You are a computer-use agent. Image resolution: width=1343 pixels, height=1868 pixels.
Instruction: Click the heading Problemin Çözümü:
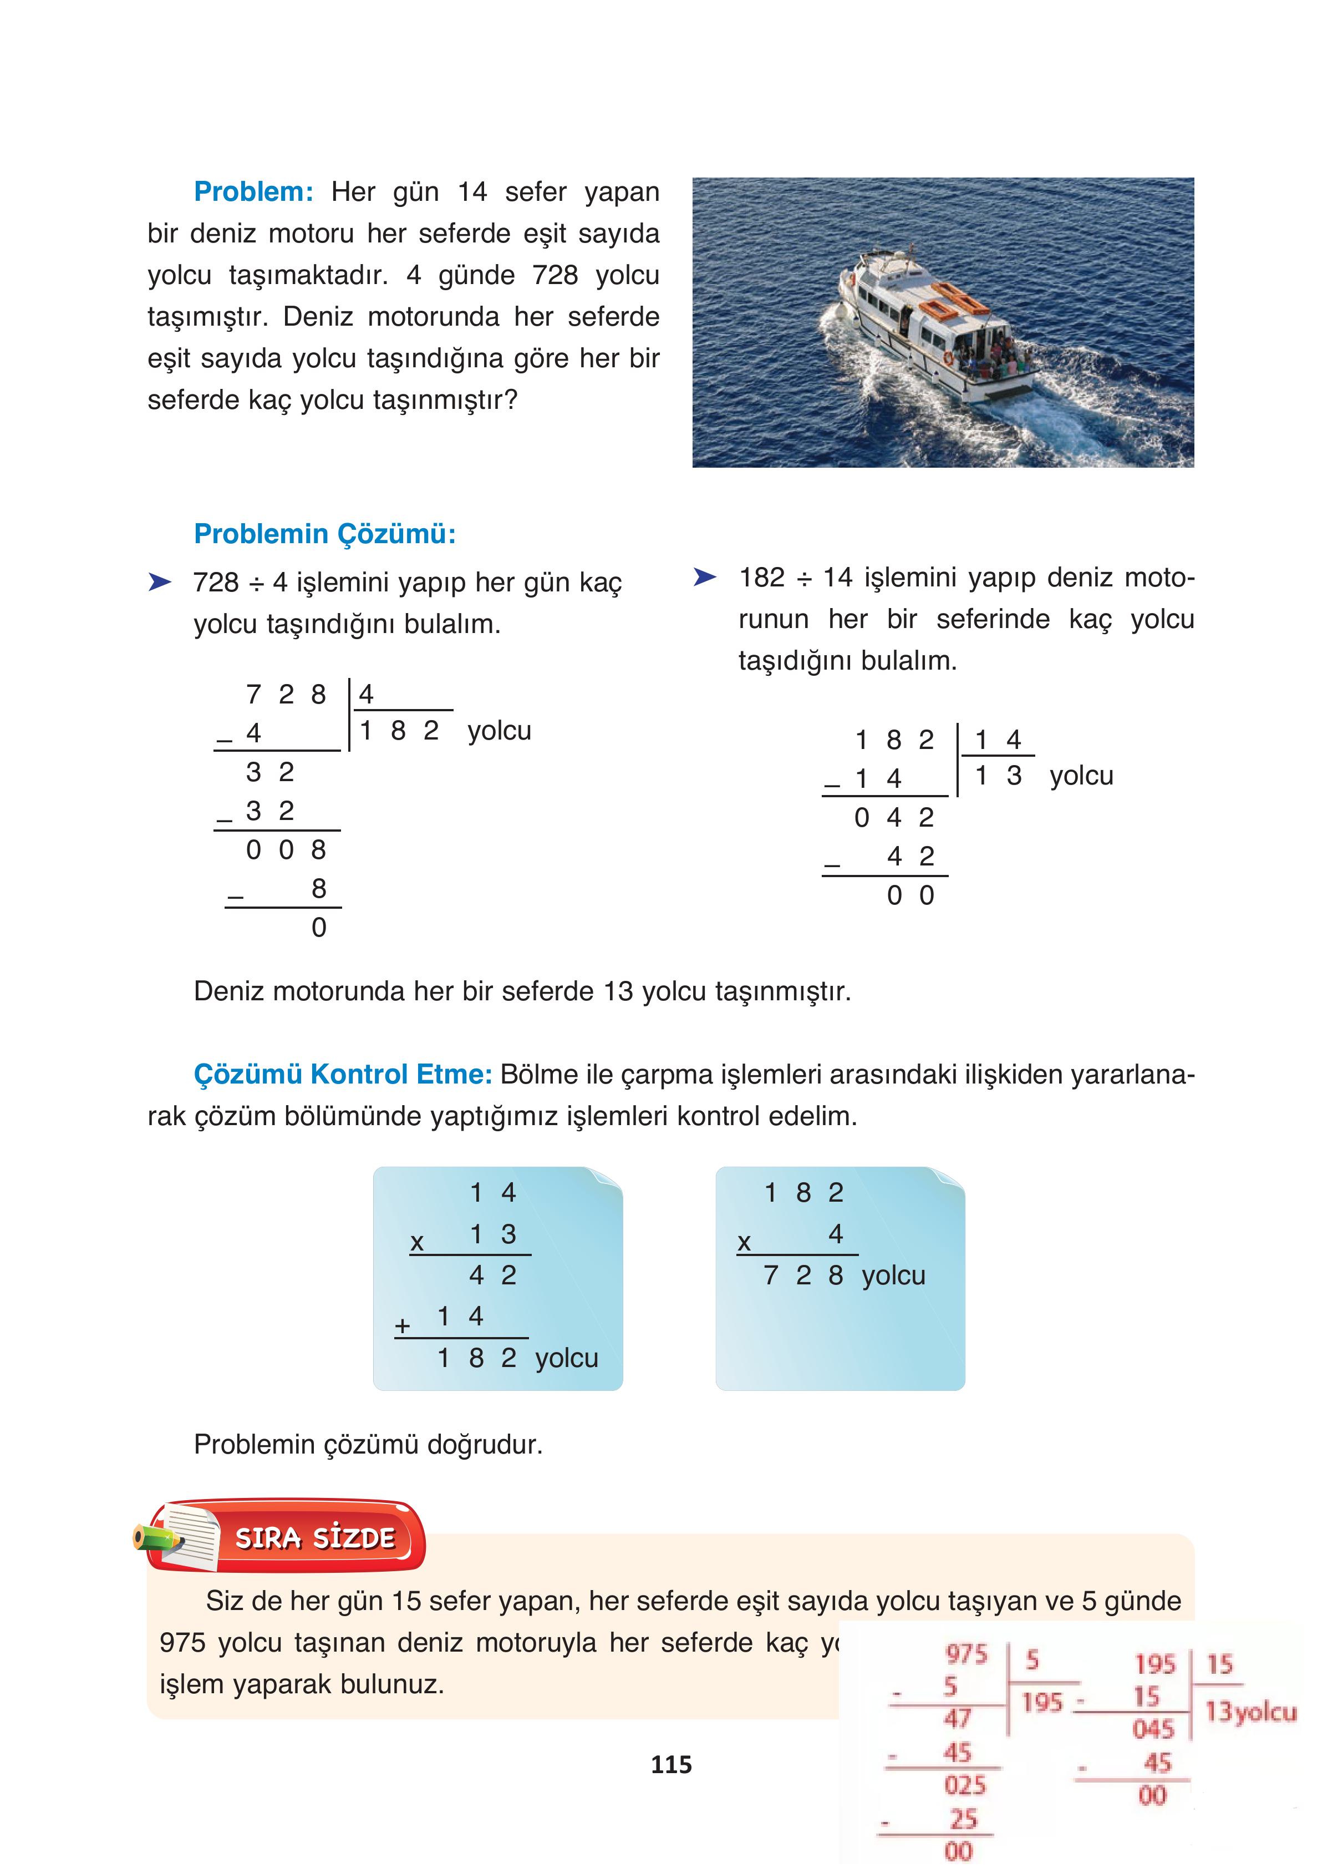pos(324,534)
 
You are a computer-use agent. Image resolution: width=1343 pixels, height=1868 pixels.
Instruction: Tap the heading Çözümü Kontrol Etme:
pos(342,1074)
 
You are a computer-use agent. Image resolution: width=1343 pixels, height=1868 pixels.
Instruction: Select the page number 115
pos(671,1764)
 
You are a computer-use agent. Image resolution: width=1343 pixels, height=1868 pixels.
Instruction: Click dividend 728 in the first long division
pos(285,694)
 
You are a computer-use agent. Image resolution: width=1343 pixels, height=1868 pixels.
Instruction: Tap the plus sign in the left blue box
pos(402,1326)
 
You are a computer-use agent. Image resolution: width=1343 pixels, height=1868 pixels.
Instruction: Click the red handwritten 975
pos(966,1654)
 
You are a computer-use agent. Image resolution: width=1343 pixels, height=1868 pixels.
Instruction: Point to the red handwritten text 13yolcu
pos(1250,1712)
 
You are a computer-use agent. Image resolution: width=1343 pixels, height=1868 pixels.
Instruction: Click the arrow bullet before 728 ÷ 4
pos(159,583)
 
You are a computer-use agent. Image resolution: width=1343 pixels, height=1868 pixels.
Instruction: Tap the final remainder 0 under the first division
pos(319,928)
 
